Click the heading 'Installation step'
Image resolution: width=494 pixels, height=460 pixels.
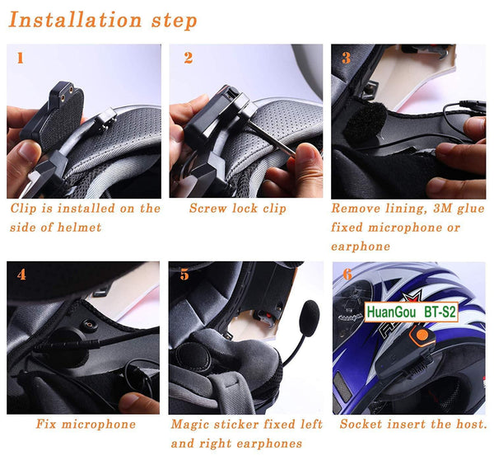pyautogui.click(x=103, y=19)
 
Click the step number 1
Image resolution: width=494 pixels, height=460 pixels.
pyautogui.click(x=21, y=58)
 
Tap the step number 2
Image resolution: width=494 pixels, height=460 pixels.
pyautogui.click(x=189, y=58)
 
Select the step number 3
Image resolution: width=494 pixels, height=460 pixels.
pyautogui.click(x=346, y=59)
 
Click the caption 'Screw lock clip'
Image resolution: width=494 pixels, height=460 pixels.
pyautogui.click(x=237, y=209)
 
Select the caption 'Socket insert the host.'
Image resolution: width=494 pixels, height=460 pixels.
pyautogui.click(x=413, y=425)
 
